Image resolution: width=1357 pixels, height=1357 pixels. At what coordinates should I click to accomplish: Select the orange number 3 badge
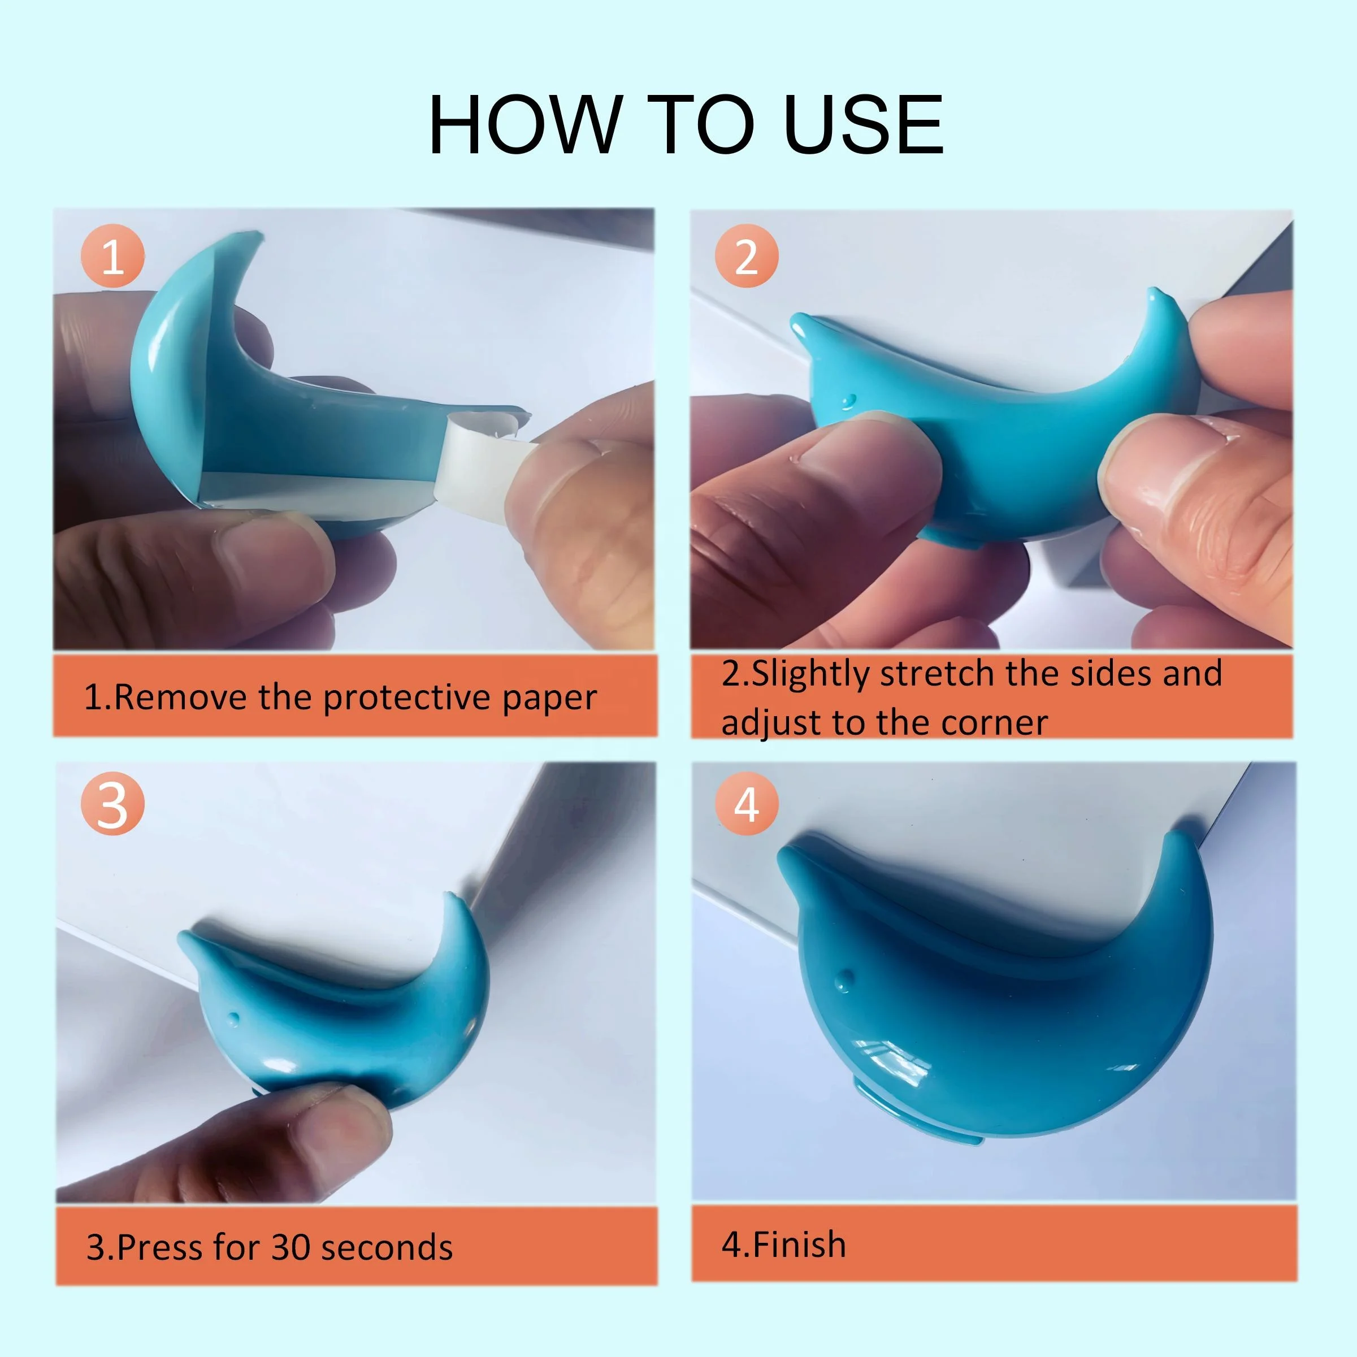112,804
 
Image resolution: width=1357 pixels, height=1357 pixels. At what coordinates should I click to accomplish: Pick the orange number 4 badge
746,804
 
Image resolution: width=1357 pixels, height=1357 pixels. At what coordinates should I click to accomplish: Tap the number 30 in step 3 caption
290,1247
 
